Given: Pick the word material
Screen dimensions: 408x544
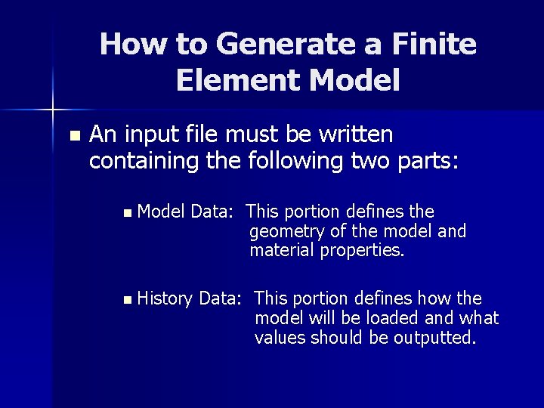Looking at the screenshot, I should [x=282, y=250].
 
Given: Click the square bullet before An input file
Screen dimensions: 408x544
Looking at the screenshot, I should [x=73, y=136].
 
